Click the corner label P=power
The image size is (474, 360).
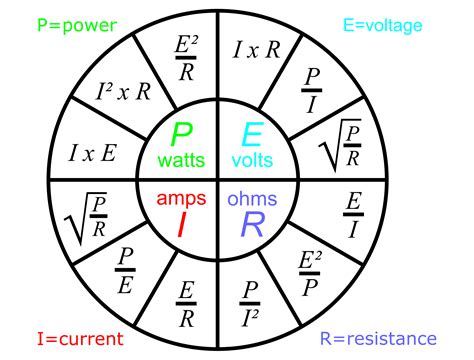pyautogui.click(x=51, y=23)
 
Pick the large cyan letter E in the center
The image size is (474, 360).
pyautogui.click(x=254, y=136)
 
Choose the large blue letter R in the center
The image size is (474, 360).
pyautogui.click(x=252, y=223)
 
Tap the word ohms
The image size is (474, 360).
pyautogui.click(x=252, y=197)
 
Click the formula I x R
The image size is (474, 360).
pyautogui.click(x=256, y=50)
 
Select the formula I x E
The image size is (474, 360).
pyautogui.click(x=93, y=152)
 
